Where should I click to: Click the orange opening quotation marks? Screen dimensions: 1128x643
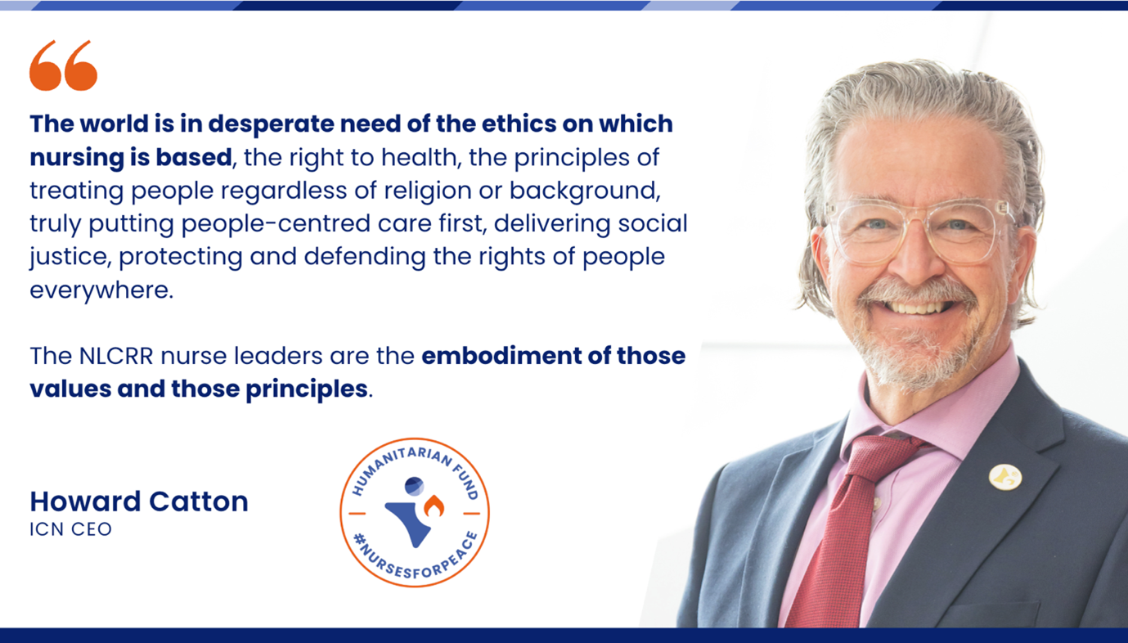pyautogui.click(x=64, y=65)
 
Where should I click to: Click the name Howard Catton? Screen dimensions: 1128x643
pyautogui.click(x=139, y=501)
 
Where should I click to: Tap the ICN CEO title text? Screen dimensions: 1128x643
pyautogui.click(x=70, y=529)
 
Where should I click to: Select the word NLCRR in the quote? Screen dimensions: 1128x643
pyautogui.click(x=116, y=356)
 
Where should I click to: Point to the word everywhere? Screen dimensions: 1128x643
pyautogui.click(x=101, y=290)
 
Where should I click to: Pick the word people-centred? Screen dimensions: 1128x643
pyautogui.click(x=276, y=224)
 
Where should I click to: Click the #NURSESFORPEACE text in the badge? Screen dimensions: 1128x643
pyautogui.click(x=416, y=559)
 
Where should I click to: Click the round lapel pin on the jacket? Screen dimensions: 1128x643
pyautogui.click(x=1005, y=477)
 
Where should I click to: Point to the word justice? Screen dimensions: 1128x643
pyautogui.click(x=69, y=258)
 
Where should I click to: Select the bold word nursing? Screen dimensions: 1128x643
pyautogui.click(x=76, y=158)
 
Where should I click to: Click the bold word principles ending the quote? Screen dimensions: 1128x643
pyautogui.click(x=307, y=389)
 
